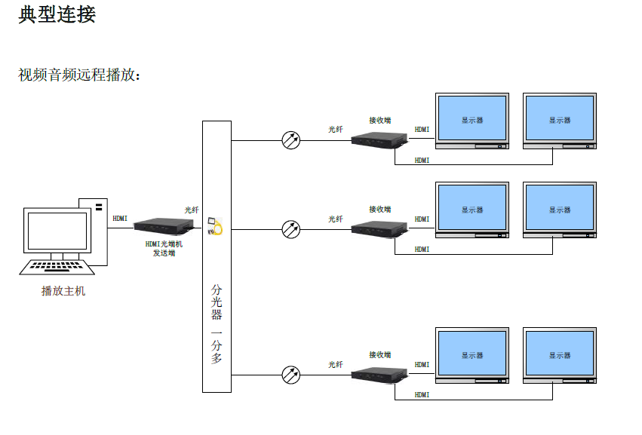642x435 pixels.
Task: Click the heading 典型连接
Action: [x=57, y=14]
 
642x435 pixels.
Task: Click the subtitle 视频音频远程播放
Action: [x=78, y=75]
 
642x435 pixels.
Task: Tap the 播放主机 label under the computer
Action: [x=63, y=291]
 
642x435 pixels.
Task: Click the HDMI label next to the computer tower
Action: [x=120, y=219]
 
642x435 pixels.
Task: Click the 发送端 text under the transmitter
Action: [x=164, y=253]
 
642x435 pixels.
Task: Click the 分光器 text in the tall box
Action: [x=217, y=302]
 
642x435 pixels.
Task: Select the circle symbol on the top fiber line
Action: [x=290, y=140]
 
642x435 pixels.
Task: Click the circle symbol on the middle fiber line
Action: [x=290, y=228]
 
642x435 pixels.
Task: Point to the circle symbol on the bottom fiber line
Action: [x=290, y=374]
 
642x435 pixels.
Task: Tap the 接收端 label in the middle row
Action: [x=379, y=210]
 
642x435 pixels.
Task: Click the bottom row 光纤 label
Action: [x=335, y=365]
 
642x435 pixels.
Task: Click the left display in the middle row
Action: [x=472, y=210]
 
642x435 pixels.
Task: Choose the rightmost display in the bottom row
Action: [x=559, y=355]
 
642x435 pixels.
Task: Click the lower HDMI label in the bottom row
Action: [x=422, y=394]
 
